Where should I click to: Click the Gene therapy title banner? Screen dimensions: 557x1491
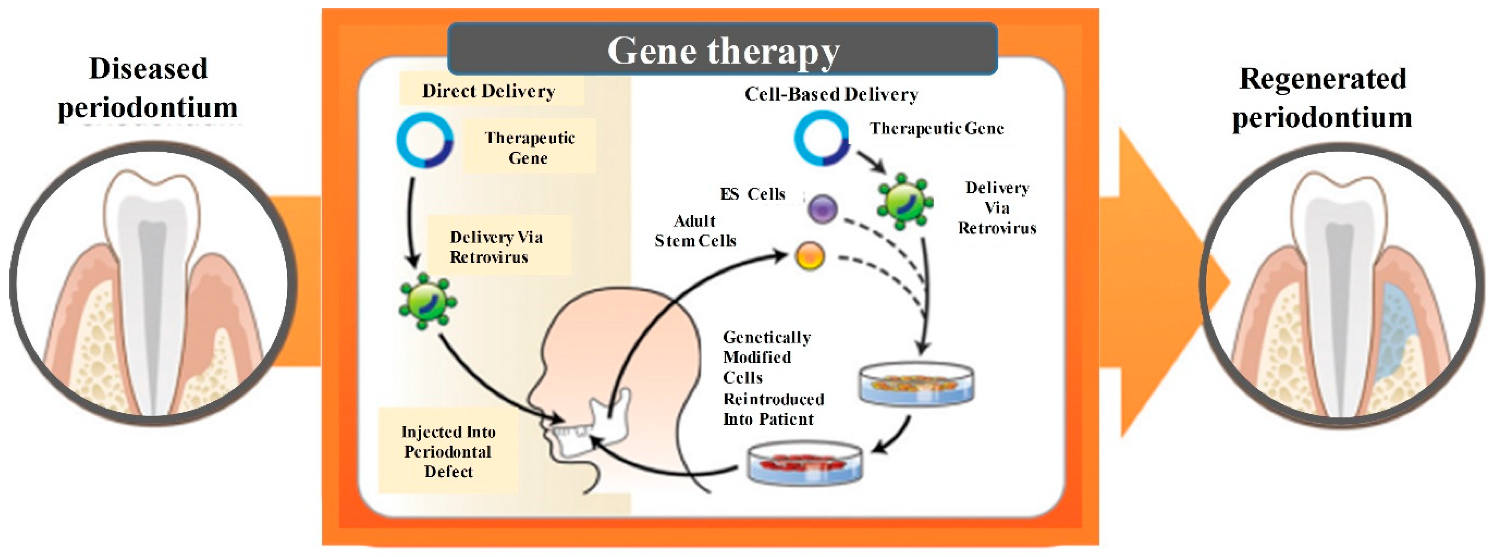[x=723, y=50]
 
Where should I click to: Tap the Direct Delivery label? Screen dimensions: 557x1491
[x=489, y=91]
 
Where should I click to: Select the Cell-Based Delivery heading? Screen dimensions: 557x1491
[x=831, y=94]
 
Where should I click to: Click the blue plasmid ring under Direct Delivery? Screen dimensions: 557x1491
[x=424, y=141]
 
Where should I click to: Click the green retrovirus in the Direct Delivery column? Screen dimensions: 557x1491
[x=427, y=301]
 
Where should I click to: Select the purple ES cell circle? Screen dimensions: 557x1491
[x=822, y=209]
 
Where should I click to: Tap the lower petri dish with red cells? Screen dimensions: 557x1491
[x=804, y=463]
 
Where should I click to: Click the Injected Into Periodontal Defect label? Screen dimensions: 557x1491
[x=448, y=451]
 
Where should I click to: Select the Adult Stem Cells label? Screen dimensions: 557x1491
[x=695, y=231]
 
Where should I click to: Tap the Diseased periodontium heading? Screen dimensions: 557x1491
[x=148, y=88]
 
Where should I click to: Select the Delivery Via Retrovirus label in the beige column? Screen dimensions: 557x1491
[x=496, y=247]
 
